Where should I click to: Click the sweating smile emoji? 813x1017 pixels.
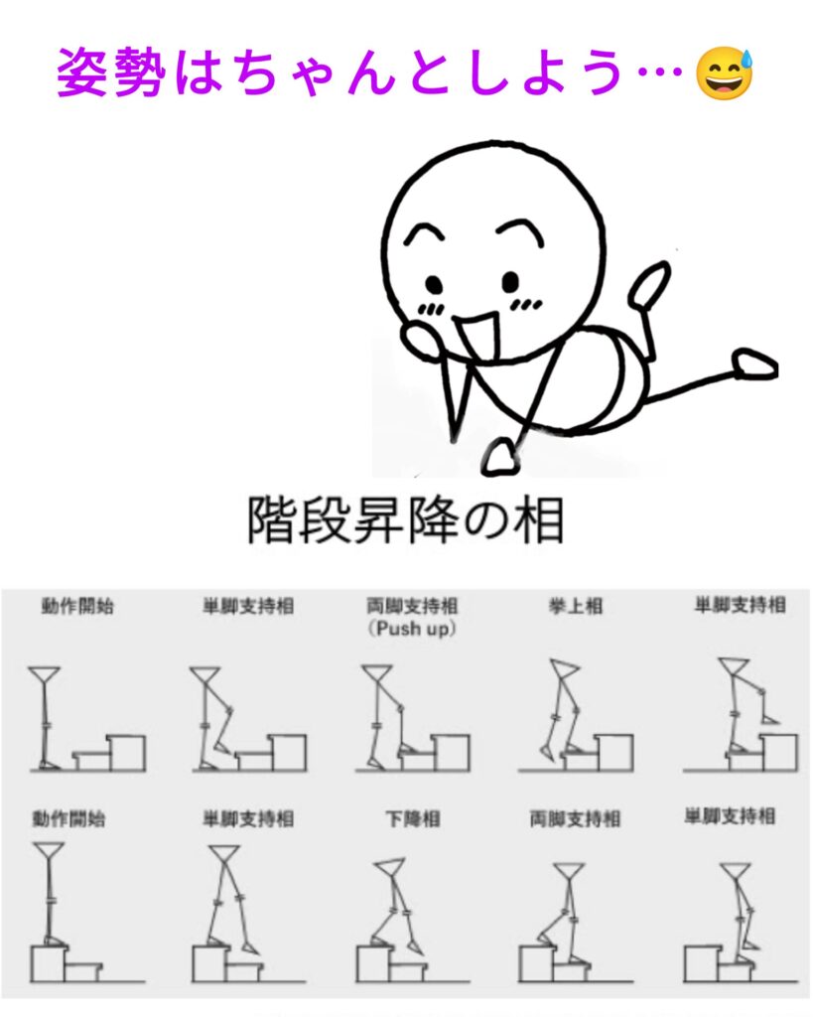725,73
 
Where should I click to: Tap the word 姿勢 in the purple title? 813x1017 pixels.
109,72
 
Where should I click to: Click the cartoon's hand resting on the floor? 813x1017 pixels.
501,457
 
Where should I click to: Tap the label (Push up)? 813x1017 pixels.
412,629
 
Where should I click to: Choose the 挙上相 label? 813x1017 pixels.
576,606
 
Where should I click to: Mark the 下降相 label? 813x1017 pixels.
413,818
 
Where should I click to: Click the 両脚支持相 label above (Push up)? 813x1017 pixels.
412,607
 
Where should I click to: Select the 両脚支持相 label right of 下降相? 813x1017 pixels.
575,819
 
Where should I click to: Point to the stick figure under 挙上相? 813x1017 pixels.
562,711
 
